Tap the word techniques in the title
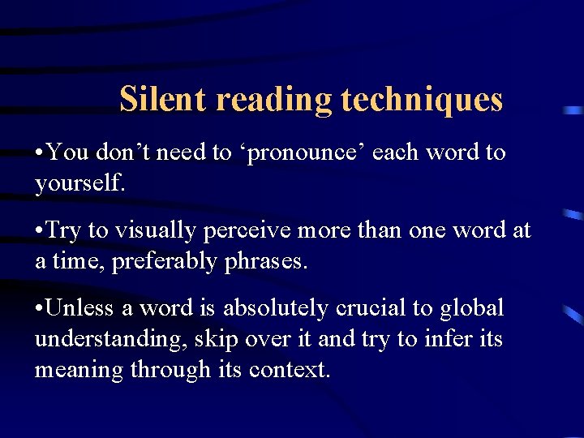point(422,100)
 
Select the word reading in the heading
point(274,100)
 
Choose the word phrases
point(266,262)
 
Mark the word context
point(290,371)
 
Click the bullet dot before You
point(39,152)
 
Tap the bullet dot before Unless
point(39,308)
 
